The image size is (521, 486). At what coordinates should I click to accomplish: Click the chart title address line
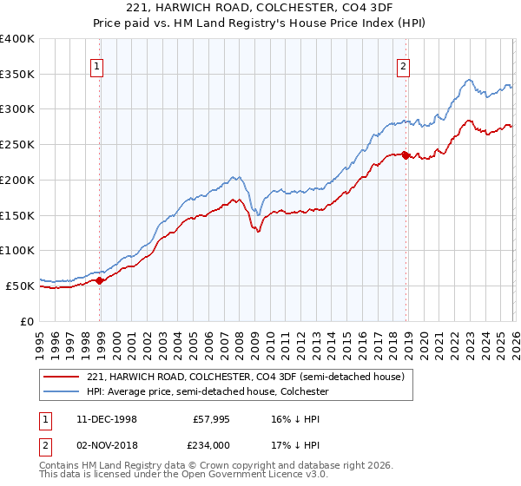point(260,9)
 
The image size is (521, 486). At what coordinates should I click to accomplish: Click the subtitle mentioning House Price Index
point(260,23)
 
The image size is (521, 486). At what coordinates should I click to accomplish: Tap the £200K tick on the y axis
point(17,180)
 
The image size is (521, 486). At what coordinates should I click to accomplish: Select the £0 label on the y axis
point(27,321)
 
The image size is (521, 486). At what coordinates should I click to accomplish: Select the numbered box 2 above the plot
point(404,65)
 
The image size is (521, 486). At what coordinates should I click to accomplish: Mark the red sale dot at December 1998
point(100,280)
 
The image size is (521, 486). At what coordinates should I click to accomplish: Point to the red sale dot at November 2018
point(405,155)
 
